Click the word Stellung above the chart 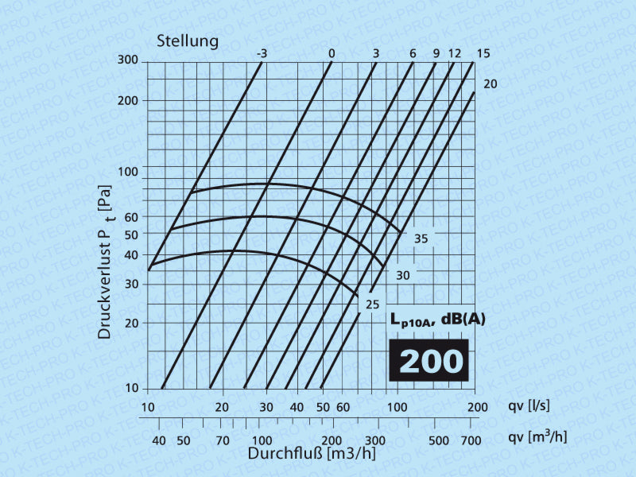pos(187,41)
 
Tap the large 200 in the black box pos(430,361)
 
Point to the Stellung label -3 pos(262,53)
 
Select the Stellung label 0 pos(332,53)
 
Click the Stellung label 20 pos(490,83)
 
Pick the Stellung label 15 pos(483,53)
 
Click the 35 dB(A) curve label pos(421,238)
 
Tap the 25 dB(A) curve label pos(372,304)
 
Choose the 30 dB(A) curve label pos(403,275)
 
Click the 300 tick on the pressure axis pos(128,61)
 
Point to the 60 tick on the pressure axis pos(130,217)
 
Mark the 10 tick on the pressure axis pos(132,389)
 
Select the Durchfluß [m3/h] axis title pos(312,454)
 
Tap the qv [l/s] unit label pos(529,407)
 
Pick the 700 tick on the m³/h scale pos(471,440)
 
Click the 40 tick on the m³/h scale pos(158,440)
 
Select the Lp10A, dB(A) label pos(437,321)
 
